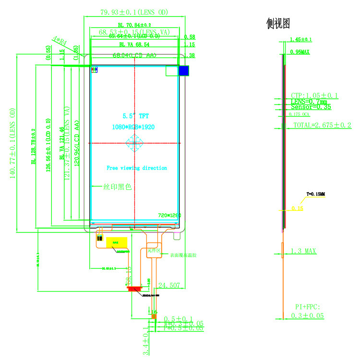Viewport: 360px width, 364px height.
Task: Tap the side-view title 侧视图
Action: (x=278, y=23)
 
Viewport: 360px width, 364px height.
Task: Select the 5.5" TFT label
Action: (x=135, y=116)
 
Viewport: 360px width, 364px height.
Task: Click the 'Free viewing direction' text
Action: (x=137, y=168)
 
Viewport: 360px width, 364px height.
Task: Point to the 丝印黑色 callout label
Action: (x=118, y=187)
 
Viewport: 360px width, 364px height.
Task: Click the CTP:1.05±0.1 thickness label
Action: (x=314, y=96)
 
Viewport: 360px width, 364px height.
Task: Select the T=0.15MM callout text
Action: (x=315, y=194)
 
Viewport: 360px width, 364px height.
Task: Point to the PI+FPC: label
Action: (x=307, y=306)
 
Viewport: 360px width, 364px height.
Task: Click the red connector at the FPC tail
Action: (x=134, y=289)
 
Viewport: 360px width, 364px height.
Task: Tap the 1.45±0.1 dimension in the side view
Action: (x=301, y=39)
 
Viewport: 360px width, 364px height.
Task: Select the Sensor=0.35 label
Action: (x=311, y=107)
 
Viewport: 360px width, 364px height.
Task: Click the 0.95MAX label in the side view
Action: (x=300, y=51)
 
